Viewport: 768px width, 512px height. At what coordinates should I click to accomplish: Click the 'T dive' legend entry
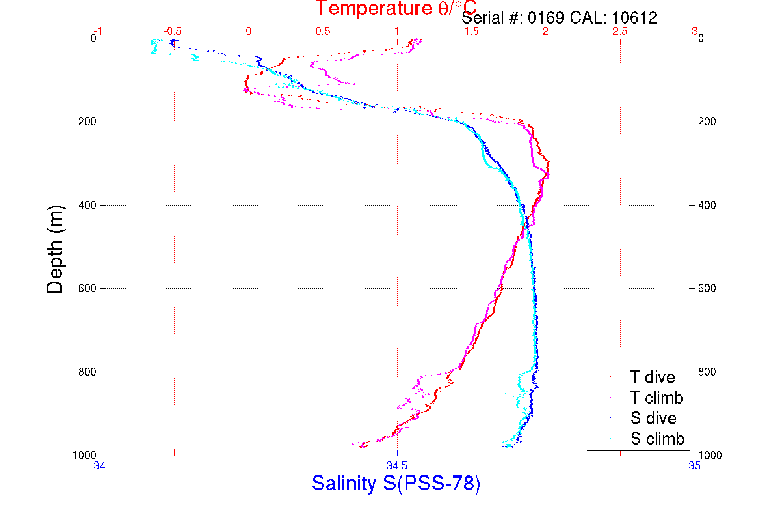click(652, 377)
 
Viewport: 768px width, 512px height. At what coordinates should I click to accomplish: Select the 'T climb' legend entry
click(656, 398)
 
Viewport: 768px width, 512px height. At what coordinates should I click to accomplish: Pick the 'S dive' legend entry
click(653, 418)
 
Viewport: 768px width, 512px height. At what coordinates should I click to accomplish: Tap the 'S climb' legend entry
click(657, 439)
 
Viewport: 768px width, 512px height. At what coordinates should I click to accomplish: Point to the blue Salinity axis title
click(396, 484)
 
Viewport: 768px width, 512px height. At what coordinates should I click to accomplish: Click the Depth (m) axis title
click(55, 249)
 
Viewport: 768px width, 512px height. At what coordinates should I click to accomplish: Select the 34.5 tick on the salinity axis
click(397, 466)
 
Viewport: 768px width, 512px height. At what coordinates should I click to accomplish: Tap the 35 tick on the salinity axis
click(694, 466)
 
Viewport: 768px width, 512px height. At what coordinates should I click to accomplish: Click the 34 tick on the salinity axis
click(100, 466)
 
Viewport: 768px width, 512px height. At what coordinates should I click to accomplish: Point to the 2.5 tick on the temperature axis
click(620, 31)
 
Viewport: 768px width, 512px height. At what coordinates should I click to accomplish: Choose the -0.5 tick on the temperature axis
click(173, 31)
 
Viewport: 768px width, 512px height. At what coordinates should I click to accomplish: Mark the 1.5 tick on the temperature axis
click(472, 31)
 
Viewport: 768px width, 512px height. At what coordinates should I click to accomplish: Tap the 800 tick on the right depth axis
click(707, 372)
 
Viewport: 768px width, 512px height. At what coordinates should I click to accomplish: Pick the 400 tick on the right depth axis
click(707, 205)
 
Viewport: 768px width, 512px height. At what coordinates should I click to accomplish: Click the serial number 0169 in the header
click(546, 18)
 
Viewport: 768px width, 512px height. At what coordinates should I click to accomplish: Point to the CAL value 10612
click(634, 18)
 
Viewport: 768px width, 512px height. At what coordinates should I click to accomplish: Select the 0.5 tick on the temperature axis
click(323, 31)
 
